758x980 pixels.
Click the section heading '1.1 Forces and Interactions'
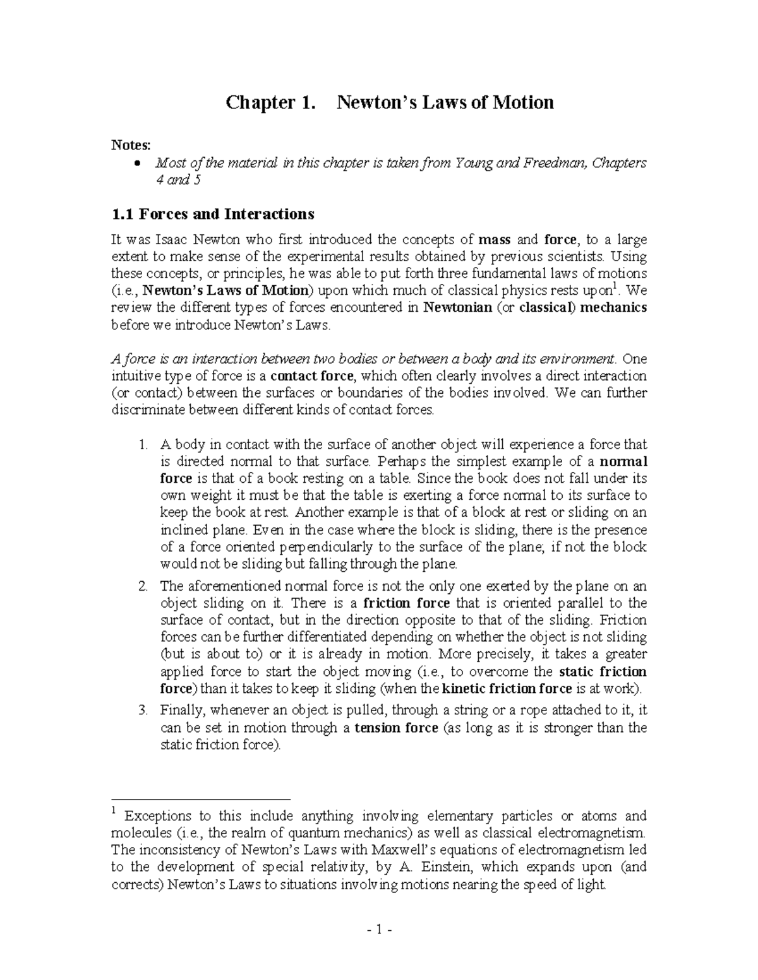[x=212, y=214]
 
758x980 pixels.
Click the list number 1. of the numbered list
[x=143, y=445]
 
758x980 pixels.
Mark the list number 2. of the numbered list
[x=143, y=586]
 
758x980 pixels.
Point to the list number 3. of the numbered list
[x=143, y=711]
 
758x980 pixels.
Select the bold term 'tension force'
[x=396, y=728]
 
